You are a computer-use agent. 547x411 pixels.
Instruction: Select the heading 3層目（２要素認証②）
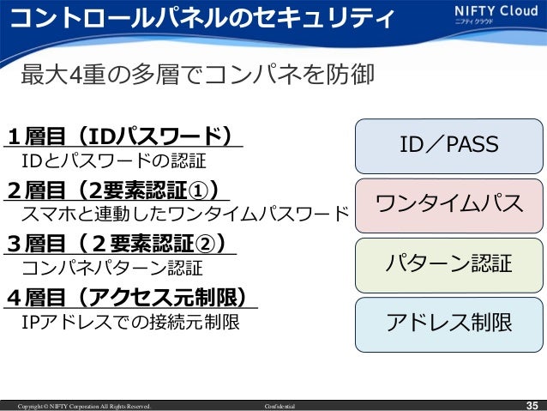click(x=120, y=243)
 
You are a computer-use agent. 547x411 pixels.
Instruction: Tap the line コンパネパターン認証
click(x=111, y=268)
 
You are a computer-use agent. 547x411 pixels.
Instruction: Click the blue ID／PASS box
click(x=448, y=145)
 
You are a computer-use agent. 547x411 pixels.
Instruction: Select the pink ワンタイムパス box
click(x=448, y=204)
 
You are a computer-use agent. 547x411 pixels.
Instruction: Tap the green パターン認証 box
click(x=448, y=263)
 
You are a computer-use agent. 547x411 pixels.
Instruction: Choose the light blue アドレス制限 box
click(x=448, y=323)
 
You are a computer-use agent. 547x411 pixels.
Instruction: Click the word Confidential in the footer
click(x=280, y=405)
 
